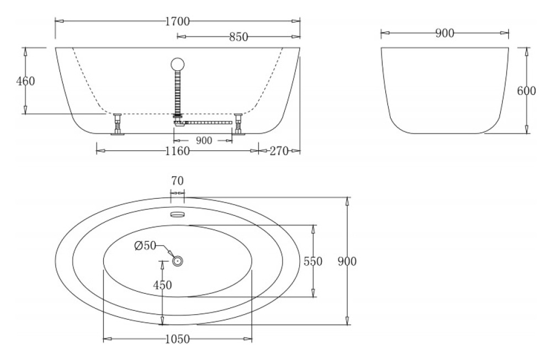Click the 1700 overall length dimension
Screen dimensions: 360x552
(x=177, y=22)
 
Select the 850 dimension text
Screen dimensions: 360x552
(x=238, y=37)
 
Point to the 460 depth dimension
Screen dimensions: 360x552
(x=25, y=81)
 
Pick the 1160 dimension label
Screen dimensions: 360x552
(x=177, y=151)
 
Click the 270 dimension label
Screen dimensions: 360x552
(x=280, y=151)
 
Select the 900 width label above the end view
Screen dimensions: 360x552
(x=444, y=34)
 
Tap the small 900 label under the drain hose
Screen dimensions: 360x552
(x=204, y=141)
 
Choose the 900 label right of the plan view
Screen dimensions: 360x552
(x=347, y=261)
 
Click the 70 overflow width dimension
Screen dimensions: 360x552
(x=177, y=181)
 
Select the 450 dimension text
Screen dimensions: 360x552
(x=162, y=285)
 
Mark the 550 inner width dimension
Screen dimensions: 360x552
(x=313, y=262)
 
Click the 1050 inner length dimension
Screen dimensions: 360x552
(x=177, y=338)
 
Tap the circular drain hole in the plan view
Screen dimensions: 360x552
(x=177, y=261)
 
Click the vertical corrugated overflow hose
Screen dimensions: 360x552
(x=178, y=91)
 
